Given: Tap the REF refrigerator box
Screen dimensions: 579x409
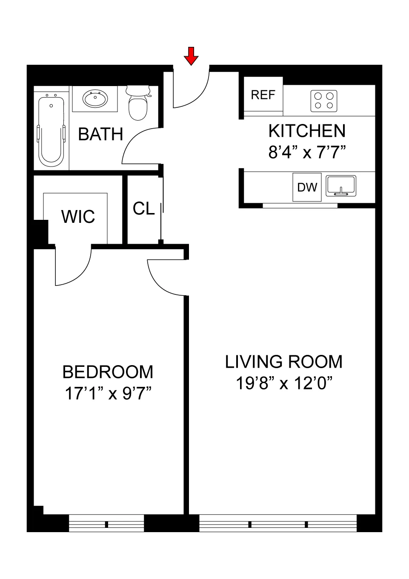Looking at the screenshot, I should click(x=263, y=95).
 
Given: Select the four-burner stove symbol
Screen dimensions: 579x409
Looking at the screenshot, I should click(x=324, y=101).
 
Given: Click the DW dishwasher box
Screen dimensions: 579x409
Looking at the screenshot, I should click(x=307, y=187).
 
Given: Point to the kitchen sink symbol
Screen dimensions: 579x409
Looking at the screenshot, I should click(x=341, y=186).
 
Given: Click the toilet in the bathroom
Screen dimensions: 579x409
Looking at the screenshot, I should click(x=138, y=104).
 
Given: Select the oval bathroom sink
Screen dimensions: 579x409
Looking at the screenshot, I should click(x=95, y=99).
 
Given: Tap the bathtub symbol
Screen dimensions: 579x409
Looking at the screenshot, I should click(x=51, y=131).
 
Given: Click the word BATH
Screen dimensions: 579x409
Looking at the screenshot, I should click(x=100, y=135).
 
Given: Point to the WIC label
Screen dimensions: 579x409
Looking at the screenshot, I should click(x=78, y=217).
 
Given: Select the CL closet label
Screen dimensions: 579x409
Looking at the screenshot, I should click(x=143, y=209).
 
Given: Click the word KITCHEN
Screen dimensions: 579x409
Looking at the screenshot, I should click(x=307, y=131).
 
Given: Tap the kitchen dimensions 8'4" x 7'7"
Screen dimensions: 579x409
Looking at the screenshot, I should click(x=307, y=152).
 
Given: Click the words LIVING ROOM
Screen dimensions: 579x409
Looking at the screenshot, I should click(x=283, y=362).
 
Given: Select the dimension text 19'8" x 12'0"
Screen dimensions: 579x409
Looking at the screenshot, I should click(x=283, y=383).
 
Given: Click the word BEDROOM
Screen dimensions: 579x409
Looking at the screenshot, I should click(x=108, y=372).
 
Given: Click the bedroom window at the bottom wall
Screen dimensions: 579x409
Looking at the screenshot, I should click(x=106, y=524).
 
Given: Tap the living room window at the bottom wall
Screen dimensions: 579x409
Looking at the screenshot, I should click(x=278, y=524).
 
